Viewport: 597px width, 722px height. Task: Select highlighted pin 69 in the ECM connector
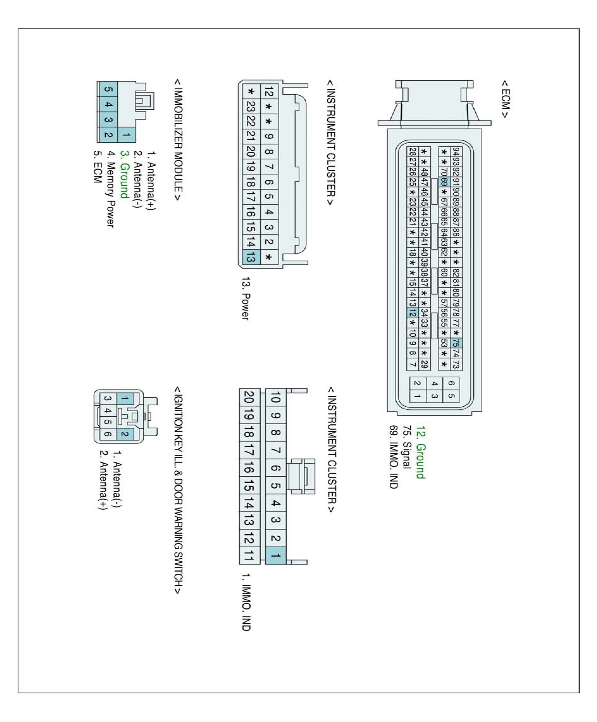444,182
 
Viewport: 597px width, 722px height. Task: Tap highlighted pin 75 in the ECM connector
456,343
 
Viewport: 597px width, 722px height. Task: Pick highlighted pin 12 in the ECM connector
412,313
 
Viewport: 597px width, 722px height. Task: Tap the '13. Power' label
245,299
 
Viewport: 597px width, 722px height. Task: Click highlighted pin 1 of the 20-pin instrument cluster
275,555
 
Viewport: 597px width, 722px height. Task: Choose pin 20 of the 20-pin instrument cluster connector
249,397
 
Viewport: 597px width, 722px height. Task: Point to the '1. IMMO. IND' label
245,602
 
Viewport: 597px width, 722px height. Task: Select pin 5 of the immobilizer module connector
108,89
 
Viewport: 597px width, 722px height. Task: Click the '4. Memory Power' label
110,189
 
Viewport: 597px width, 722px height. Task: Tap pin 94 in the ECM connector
456,151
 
